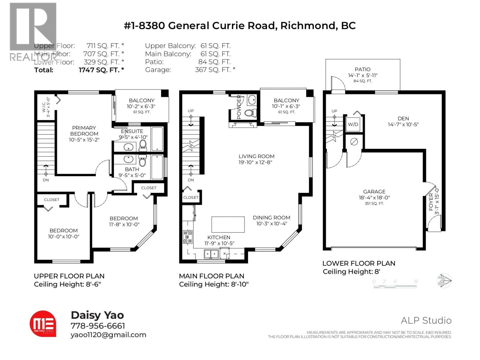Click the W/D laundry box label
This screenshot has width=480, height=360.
click(x=353, y=124)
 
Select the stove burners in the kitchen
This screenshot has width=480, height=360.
click(x=187, y=237)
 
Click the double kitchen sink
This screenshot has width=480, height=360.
click(x=211, y=254)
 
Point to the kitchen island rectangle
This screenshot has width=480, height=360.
click(x=228, y=224)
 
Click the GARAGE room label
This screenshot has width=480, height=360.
click(x=374, y=191)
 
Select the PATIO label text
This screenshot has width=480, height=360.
click(x=362, y=69)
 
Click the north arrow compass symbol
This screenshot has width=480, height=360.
click(x=444, y=281)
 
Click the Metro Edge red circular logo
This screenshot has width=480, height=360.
click(x=43, y=324)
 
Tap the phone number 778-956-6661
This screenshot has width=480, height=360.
click(x=98, y=326)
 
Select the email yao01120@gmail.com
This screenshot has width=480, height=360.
click(x=108, y=335)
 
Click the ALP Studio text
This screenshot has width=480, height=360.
click(x=426, y=320)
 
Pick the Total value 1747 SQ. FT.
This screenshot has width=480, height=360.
click(x=101, y=70)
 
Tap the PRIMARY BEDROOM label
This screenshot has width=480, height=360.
click(x=84, y=131)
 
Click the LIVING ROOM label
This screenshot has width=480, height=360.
click(x=256, y=156)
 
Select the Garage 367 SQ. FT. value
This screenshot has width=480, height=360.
click(x=215, y=70)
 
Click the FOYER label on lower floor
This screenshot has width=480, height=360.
click(x=431, y=202)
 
